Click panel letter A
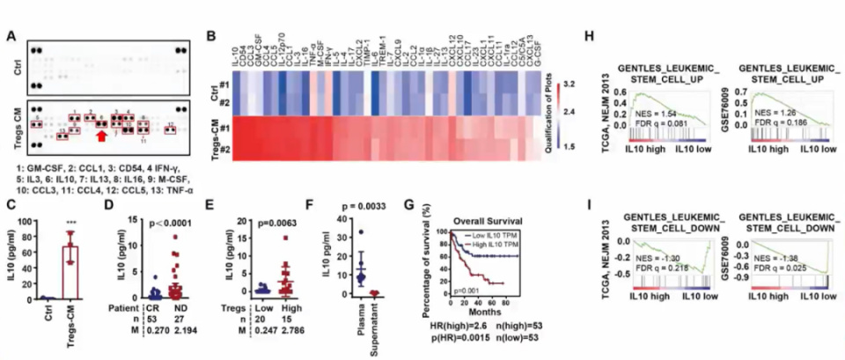click(x=10, y=35)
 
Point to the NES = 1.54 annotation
click(x=659, y=116)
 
